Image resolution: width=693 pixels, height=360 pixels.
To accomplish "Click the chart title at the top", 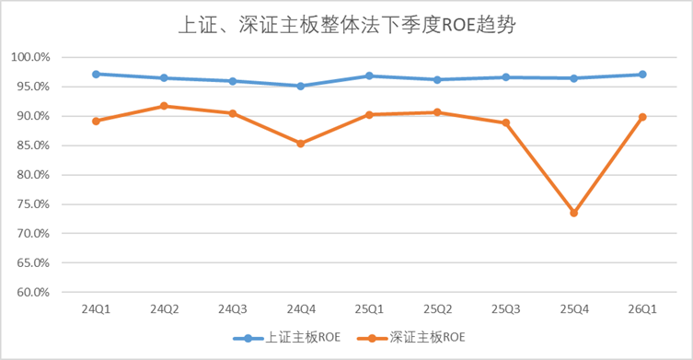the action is (347, 25).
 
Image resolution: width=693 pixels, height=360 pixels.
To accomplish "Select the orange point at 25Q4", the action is (573, 213).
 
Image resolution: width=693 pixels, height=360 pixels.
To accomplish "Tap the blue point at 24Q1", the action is (96, 74).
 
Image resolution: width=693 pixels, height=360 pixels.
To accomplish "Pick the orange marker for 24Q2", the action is (164, 106).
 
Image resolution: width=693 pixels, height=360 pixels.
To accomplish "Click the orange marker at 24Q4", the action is (301, 144).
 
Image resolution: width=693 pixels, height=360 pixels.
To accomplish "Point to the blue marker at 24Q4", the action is (301, 86).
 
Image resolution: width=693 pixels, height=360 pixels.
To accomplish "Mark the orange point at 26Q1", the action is (642, 117).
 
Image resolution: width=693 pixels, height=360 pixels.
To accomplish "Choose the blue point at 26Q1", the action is (642, 75).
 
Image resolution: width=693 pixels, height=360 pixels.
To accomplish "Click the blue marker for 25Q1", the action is (369, 76).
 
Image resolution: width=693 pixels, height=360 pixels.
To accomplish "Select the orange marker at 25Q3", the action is (505, 122).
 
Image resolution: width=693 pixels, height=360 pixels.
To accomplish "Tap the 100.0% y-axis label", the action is (30, 57).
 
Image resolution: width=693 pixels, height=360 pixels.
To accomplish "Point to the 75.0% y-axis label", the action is (33, 203).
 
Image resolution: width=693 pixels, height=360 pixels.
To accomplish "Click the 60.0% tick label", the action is (33, 292).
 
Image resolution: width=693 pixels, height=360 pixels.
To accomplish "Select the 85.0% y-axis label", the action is (33, 145).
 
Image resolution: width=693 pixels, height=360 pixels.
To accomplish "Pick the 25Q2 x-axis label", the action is (437, 308).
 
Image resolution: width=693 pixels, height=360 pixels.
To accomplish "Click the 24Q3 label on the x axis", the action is (233, 308).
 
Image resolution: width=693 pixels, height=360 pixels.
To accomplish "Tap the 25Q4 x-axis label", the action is (574, 308).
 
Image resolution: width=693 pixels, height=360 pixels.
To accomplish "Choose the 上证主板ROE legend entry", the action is (287, 338).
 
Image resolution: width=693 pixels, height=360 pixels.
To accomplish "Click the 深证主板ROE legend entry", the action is (411, 338).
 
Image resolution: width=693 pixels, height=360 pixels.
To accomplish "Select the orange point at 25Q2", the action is (437, 112).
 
